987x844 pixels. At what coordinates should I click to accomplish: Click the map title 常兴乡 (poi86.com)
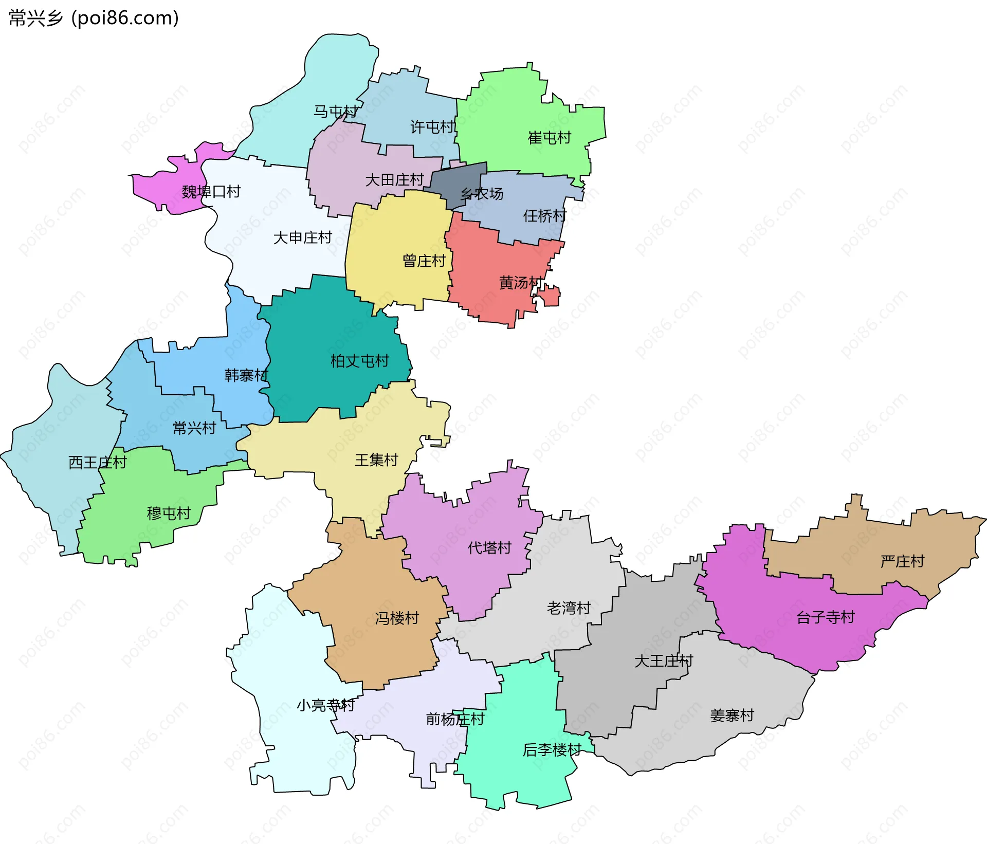point(94,18)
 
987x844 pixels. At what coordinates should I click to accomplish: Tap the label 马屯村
point(335,112)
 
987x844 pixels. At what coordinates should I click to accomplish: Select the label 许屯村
point(432,127)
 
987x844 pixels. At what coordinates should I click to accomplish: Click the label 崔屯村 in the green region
point(549,138)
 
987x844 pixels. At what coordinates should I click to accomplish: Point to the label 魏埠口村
point(211,192)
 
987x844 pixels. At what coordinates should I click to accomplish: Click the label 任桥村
point(544,215)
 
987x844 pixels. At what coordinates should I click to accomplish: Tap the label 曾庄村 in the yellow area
point(424,261)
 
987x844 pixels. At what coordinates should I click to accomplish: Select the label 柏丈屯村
point(359,361)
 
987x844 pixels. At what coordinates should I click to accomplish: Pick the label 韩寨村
point(246,375)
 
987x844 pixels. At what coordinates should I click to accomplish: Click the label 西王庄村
point(97,462)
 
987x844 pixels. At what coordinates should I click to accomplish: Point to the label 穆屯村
point(169,513)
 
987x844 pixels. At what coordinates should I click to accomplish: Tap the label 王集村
point(376,460)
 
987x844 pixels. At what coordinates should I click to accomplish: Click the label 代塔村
point(489,547)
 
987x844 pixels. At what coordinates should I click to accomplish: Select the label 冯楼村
point(397,618)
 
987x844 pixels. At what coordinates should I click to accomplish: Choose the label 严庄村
point(902,561)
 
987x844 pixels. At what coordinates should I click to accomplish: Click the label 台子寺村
point(825,617)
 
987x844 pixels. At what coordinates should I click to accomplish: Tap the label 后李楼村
point(552,750)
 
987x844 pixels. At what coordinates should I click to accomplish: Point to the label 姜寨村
point(732,715)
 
